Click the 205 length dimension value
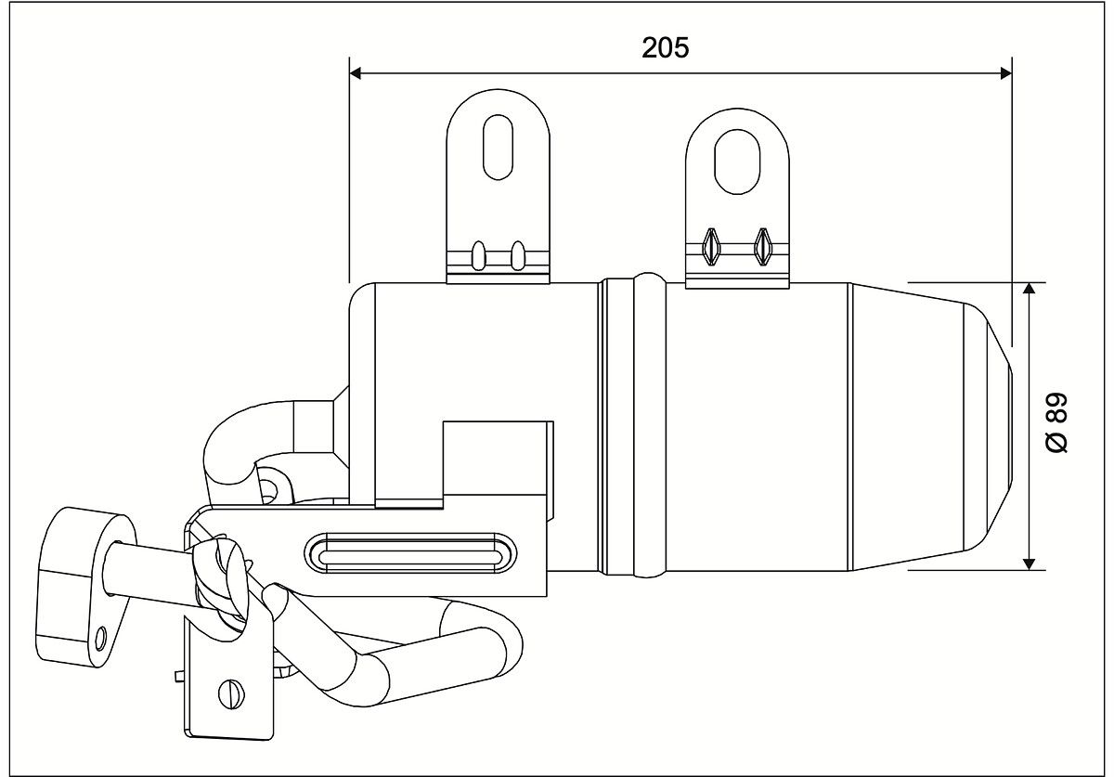pos(666,47)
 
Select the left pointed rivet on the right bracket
pos(712,245)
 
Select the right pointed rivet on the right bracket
pos(763,245)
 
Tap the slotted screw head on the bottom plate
pos(232,693)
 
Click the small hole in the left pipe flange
pos(100,637)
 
